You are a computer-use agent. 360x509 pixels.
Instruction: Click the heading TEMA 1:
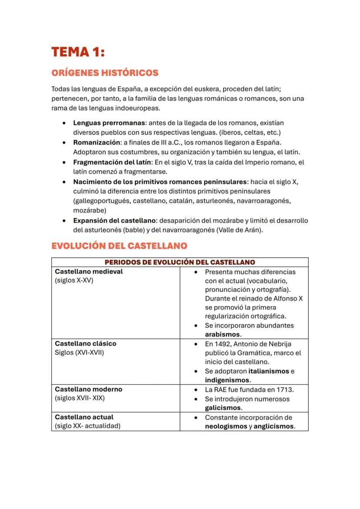click(78, 52)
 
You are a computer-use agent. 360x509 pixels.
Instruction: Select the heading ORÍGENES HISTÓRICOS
click(105, 73)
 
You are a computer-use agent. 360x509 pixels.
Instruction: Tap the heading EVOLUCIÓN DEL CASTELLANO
click(119, 246)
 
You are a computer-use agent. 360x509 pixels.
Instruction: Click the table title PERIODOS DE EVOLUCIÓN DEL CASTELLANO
click(180, 262)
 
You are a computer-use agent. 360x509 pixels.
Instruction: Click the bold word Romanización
click(97, 143)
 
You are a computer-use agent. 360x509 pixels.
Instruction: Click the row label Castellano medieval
click(89, 272)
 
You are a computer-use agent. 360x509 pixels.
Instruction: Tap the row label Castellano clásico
click(86, 343)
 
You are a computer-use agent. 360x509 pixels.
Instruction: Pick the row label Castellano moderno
click(88, 389)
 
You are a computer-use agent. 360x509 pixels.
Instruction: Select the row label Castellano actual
click(84, 417)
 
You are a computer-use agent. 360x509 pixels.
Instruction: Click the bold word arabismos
click(223, 334)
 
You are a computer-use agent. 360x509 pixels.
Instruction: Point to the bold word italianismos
click(268, 371)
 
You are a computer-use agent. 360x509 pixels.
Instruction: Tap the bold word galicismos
click(223, 408)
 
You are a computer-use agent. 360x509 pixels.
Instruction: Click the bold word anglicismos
click(274, 426)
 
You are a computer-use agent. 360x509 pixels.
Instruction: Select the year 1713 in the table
click(285, 389)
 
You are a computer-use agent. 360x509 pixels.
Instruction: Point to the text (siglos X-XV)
click(74, 280)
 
